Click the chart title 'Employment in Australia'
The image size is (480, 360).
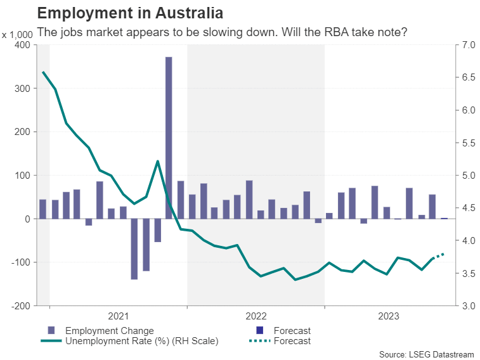click(x=130, y=12)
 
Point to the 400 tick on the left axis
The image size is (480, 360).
click(x=22, y=45)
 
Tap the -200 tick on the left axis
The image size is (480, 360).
click(x=21, y=305)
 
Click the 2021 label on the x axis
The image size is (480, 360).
click(x=118, y=315)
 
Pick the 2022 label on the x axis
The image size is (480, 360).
click(x=256, y=315)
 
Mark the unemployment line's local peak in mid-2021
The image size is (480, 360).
click(x=157, y=161)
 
